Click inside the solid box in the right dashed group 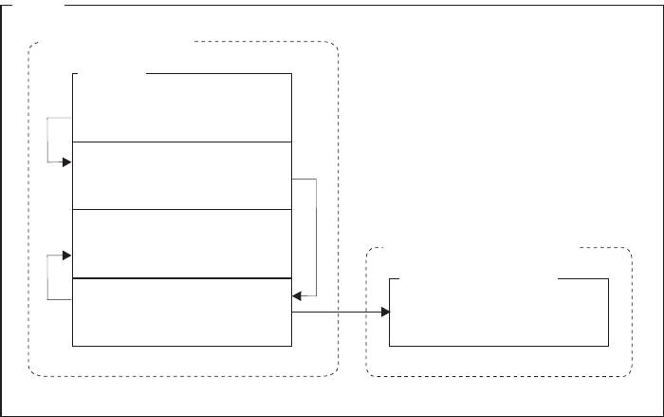pyautogui.click(x=499, y=313)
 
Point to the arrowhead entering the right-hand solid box pyautogui.click(x=385, y=313)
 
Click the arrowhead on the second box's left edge pyautogui.click(x=66, y=162)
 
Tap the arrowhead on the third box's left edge pyautogui.click(x=66, y=255)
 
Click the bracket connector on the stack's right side pyautogui.click(x=315, y=237)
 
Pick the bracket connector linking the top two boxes pyautogui.click(x=47, y=140)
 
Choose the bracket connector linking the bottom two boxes pyautogui.click(x=47, y=277)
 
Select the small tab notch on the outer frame pyautogui.click(x=33, y=5)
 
